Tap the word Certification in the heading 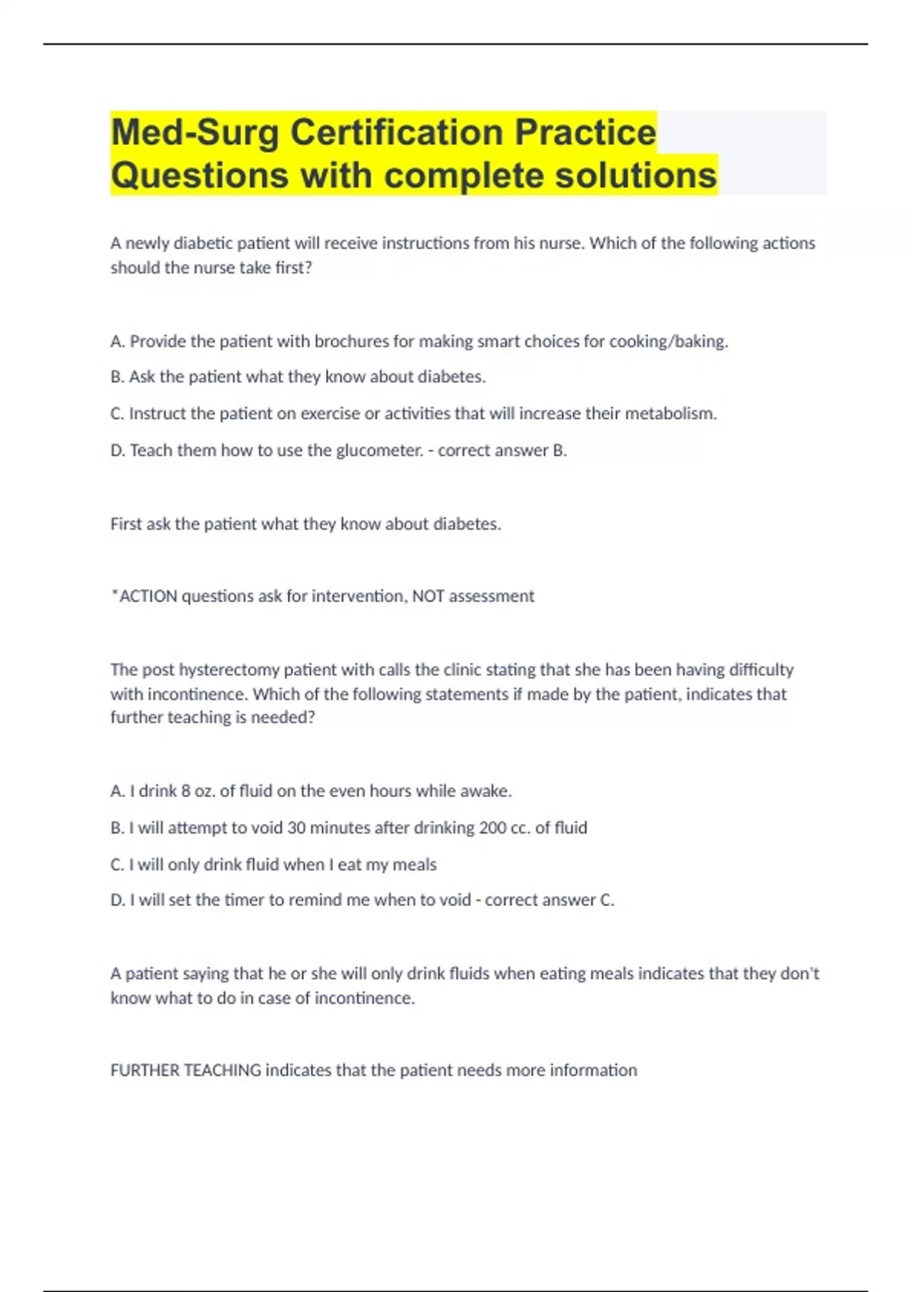pyautogui.click(x=397, y=132)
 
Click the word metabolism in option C pyautogui.click(x=670, y=413)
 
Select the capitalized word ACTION pyautogui.click(x=148, y=597)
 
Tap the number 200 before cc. pyautogui.click(x=492, y=828)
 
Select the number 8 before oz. pyautogui.click(x=185, y=791)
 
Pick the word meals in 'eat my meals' pyautogui.click(x=415, y=865)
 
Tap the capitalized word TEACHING pyautogui.click(x=223, y=1071)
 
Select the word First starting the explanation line pyautogui.click(x=126, y=524)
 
